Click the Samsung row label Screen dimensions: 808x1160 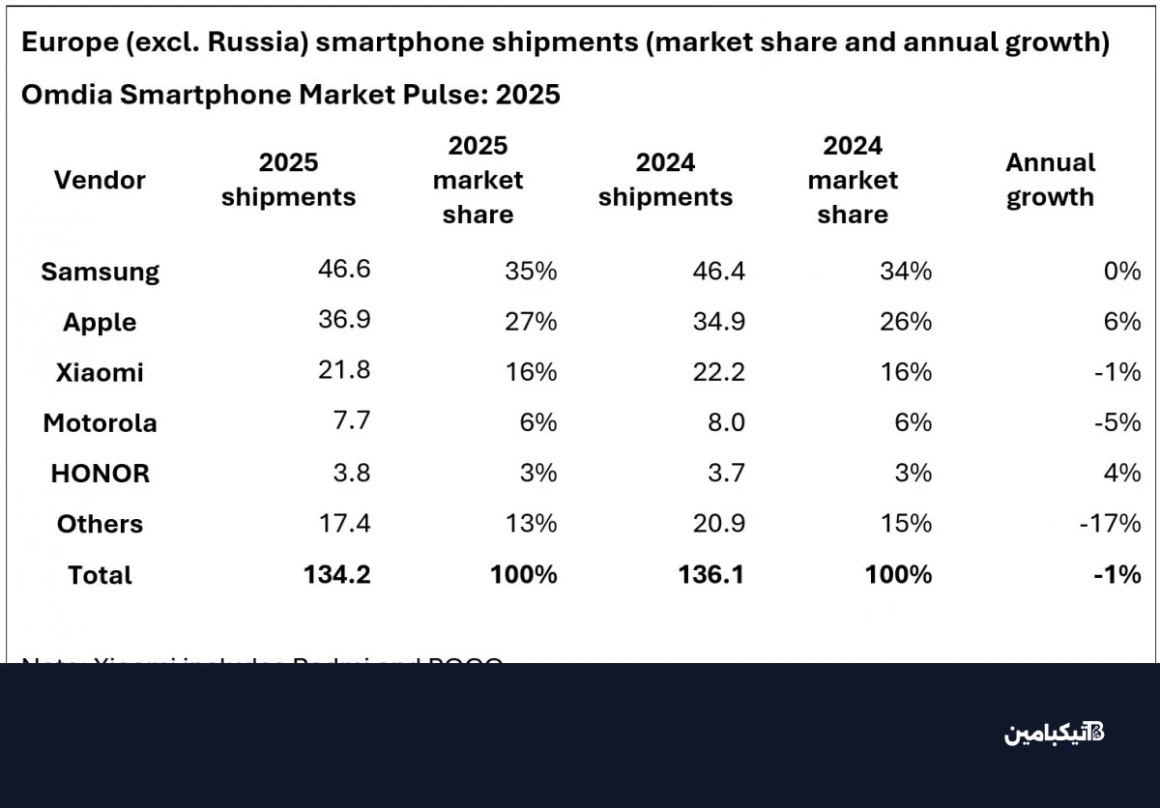pos(100,272)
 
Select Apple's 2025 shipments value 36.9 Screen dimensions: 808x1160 pos(344,321)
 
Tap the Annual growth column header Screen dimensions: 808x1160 pos(1050,180)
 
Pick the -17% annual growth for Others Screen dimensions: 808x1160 pos(1111,524)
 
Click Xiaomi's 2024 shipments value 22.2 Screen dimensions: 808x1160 pos(718,372)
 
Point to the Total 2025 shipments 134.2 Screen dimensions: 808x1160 pos(336,574)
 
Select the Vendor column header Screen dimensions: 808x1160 pos(100,180)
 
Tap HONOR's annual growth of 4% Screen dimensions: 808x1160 pos(1121,474)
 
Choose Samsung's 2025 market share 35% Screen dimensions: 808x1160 pos(531,272)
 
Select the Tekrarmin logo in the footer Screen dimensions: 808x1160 pos(1054,733)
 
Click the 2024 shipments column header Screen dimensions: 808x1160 pos(665,180)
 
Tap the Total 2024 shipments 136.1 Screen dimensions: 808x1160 pos(711,574)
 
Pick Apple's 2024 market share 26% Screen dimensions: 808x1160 pos(906,322)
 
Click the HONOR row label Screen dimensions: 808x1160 pos(100,474)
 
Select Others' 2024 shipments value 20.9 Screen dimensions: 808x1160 pos(718,524)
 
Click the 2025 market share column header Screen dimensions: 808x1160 pos(478,180)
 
